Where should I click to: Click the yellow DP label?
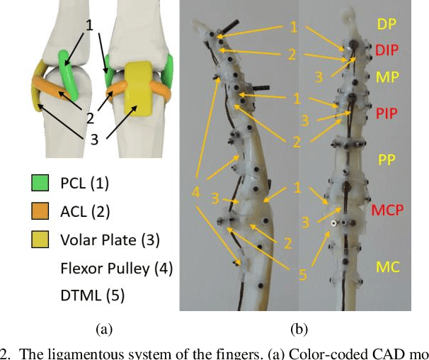tap(387, 24)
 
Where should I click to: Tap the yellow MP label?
tap(387, 76)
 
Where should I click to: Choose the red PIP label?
tap(387, 113)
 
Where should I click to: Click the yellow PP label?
tap(386, 159)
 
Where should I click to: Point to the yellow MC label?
tap(386, 267)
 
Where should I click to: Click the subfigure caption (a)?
tap(103, 329)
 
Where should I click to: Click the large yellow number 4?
tap(196, 191)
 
